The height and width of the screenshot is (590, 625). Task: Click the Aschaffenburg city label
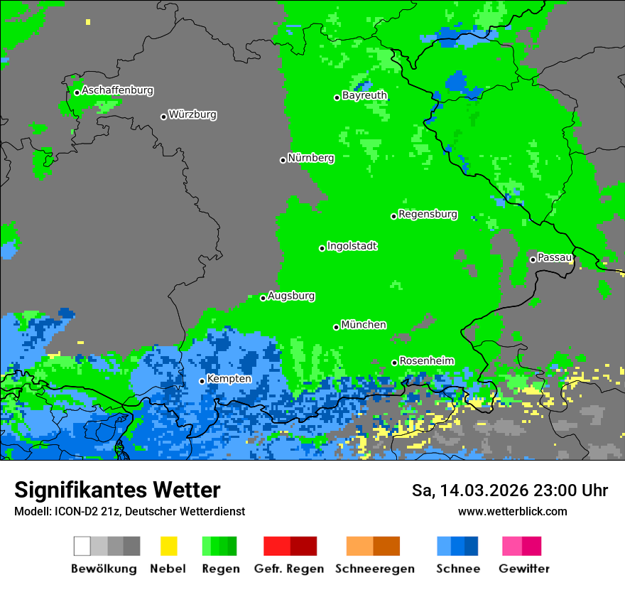click(x=117, y=91)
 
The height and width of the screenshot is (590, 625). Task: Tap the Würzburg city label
click(x=192, y=114)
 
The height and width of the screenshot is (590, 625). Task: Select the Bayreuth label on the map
click(x=364, y=95)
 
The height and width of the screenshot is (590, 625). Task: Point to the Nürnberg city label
click(x=310, y=159)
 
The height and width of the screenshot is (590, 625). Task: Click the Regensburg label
click(x=428, y=215)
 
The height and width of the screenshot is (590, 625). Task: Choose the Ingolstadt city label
click(x=352, y=247)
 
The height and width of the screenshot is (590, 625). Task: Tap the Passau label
click(x=554, y=257)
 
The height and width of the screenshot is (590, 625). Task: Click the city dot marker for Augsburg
click(x=263, y=298)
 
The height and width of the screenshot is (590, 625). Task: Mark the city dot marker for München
click(x=337, y=327)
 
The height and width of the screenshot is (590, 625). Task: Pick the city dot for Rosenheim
click(x=395, y=363)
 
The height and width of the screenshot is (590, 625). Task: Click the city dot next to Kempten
click(x=202, y=381)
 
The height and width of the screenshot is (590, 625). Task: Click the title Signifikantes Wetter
click(x=117, y=490)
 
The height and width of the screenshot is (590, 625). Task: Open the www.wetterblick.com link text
click(x=512, y=511)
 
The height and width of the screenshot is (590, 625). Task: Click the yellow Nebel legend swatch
click(x=168, y=546)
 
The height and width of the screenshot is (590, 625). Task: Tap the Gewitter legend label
click(x=523, y=569)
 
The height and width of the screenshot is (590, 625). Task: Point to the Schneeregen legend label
click(x=373, y=569)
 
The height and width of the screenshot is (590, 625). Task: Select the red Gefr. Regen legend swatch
click(x=277, y=546)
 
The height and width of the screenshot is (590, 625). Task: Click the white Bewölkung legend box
click(x=82, y=546)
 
